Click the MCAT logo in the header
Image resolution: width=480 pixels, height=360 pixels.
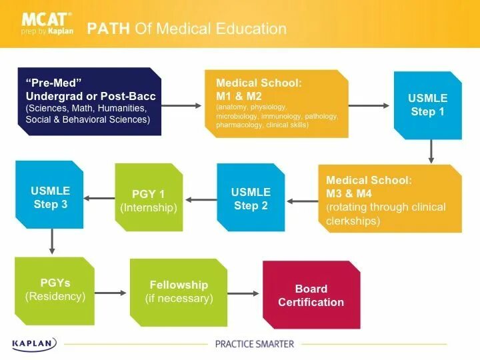[x=47, y=23]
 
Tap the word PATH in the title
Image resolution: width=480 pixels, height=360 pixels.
[x=109, y=29]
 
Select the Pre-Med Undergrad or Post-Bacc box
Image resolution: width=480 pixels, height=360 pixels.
[x=89, y=101]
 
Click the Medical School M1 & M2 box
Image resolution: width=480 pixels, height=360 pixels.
[x=276, y=104]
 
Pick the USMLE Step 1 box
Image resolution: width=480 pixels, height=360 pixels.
[x=427, y=105]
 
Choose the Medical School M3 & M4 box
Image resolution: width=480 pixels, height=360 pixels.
[x=389, y=199]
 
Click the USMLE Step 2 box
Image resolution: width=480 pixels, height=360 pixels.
[x=251, y=199]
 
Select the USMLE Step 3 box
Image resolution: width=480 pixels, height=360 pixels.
[x=50, y=197]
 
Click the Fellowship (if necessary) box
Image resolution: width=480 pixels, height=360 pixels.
[x=178, y=292]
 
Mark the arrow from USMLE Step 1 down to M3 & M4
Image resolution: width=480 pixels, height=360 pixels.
[x=431, y=151]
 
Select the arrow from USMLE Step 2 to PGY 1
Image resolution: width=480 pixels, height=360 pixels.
[x=199, y=199]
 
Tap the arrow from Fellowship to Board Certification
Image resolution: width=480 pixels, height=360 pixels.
[x=245, y=293]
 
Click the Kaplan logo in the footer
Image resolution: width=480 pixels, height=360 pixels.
[x=34, y=344]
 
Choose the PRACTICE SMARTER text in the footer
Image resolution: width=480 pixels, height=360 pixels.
[x=254, y=344]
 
